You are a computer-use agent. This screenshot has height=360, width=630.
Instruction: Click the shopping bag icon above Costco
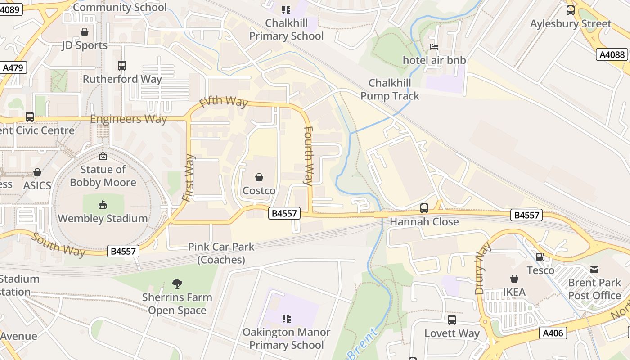(x=259, y=177)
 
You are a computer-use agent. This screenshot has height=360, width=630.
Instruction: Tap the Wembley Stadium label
(x=103, y=219)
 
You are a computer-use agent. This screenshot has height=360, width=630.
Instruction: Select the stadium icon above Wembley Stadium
(x=103, y=205)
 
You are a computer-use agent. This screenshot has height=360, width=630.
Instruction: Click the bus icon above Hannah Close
(x=424, y=208)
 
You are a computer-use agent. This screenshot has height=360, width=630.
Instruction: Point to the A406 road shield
(x=553, y=333)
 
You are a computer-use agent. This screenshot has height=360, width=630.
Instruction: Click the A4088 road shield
(x=612, y=54)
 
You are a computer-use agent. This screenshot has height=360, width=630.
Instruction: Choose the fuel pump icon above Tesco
(x=540, y=257)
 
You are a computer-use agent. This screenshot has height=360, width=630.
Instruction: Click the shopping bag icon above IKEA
(x=514, y=279)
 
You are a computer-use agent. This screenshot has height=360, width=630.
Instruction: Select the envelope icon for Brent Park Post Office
(x=594, y=269)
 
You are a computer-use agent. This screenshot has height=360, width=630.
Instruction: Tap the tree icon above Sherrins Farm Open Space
(x=177, y=284)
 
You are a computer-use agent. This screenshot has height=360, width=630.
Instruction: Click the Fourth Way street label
(x=309, y=156)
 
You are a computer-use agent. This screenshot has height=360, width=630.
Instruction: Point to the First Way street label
(x=189, y=177)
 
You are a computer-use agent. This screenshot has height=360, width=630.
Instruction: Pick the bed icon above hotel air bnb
(x=434, y=47)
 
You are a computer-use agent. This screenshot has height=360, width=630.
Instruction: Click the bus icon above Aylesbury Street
(x=571, y=10)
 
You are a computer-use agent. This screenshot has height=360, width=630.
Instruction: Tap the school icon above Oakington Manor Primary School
(x=286, y=319)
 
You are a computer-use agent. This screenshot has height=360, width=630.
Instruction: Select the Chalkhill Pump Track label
(x=390, y=90)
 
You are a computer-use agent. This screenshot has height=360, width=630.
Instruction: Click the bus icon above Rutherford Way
(x=122, y=66)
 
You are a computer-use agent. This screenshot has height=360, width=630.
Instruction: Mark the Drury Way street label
(x=482, y=268)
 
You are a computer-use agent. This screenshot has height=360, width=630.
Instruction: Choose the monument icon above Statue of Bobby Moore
(x=103, y=156)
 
